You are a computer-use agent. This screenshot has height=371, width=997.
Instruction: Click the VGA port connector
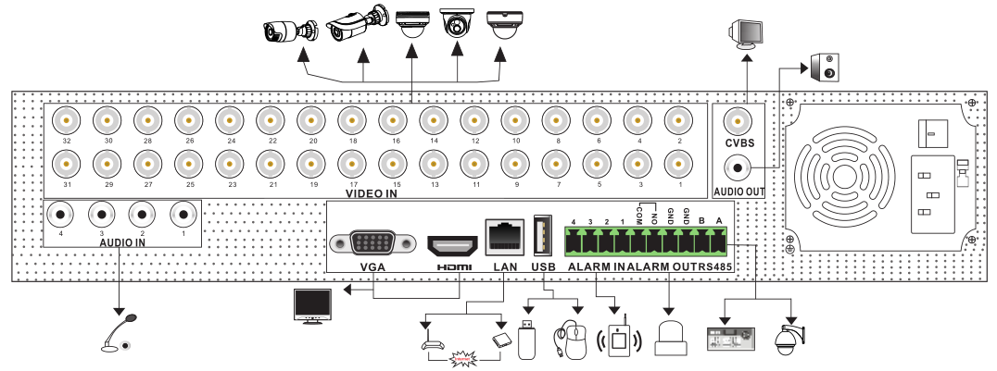(371, 244)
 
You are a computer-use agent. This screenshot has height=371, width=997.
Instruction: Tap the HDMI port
(452, 245)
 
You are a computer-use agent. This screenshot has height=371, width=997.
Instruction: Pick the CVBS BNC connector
(738, 120)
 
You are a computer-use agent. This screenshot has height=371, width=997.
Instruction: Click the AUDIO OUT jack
(738, 167)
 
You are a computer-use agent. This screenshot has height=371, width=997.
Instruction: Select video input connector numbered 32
(67, 120)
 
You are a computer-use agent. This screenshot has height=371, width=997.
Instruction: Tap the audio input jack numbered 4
(61, 216)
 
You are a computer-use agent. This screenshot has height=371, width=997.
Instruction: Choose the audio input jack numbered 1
(183, 216)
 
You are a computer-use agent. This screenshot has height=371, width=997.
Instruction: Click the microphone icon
(120, 333)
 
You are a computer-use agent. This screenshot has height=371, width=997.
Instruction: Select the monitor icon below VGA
(311, 304)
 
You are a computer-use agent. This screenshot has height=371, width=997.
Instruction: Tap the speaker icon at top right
(824, 68)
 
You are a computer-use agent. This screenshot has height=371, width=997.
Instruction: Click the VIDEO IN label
(371, 194)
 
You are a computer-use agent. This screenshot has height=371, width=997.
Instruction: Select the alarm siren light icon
(671, 338)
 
